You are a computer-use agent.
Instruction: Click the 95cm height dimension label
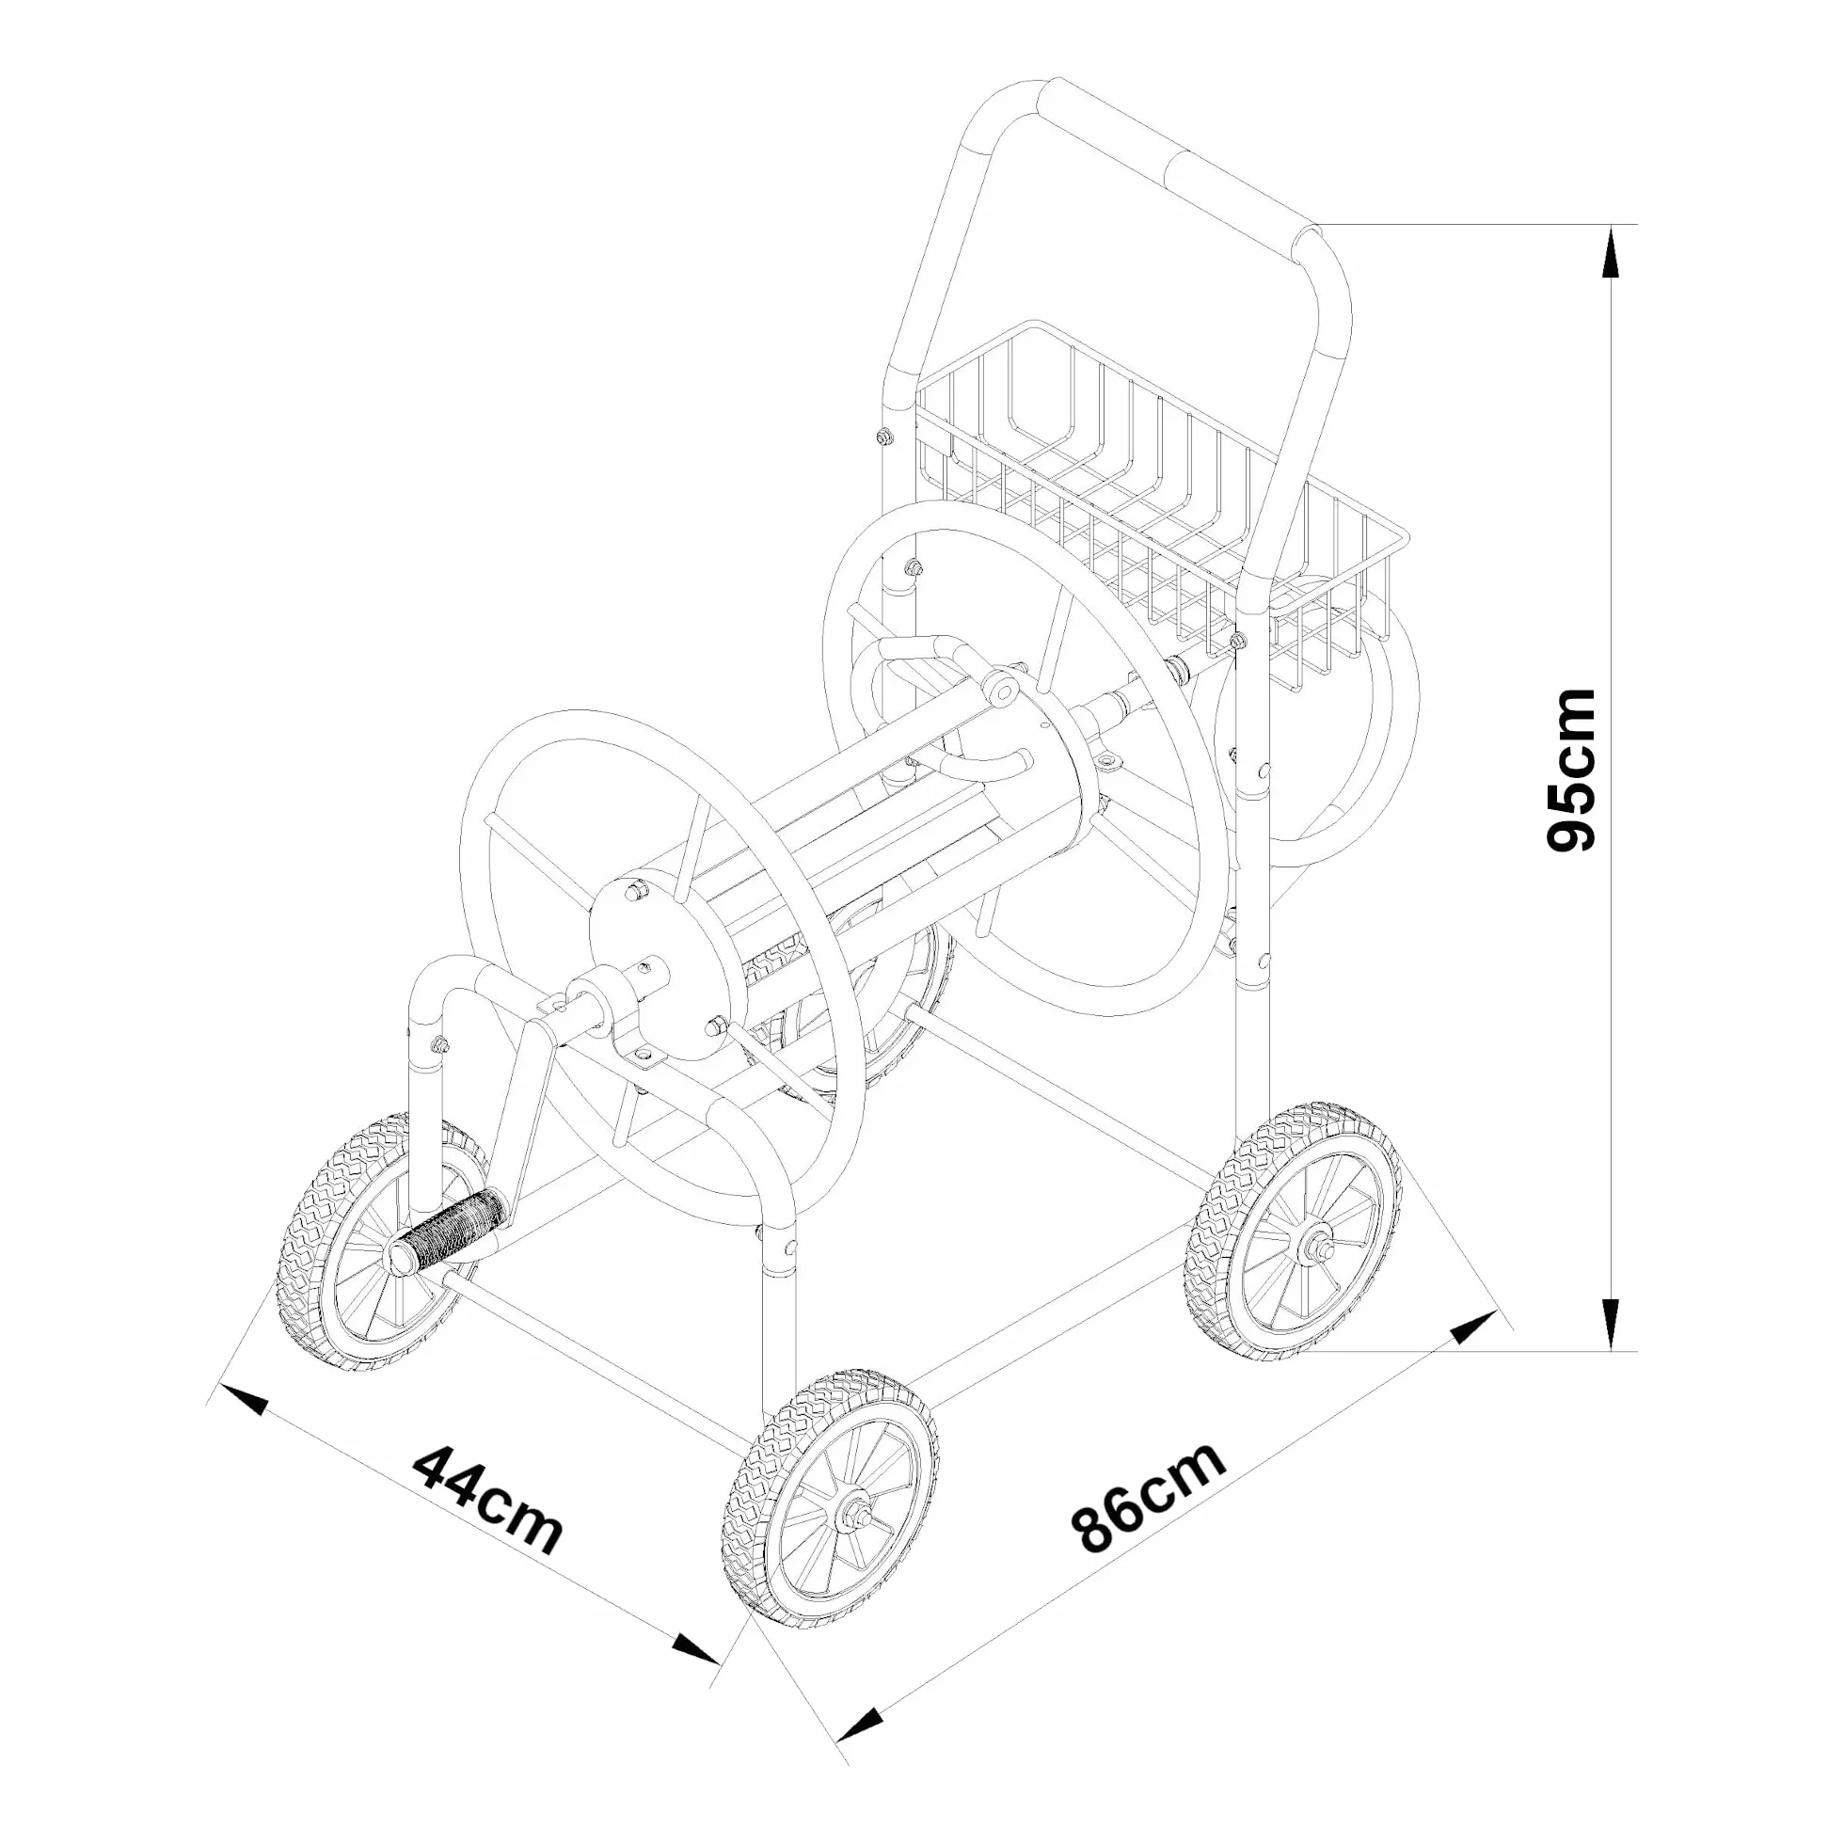1571,770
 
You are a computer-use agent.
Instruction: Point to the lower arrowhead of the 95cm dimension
1611,1324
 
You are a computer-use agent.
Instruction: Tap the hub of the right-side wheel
1316,1246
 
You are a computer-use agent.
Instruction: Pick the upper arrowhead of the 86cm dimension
1472,1327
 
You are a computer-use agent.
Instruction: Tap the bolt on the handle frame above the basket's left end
883,437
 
